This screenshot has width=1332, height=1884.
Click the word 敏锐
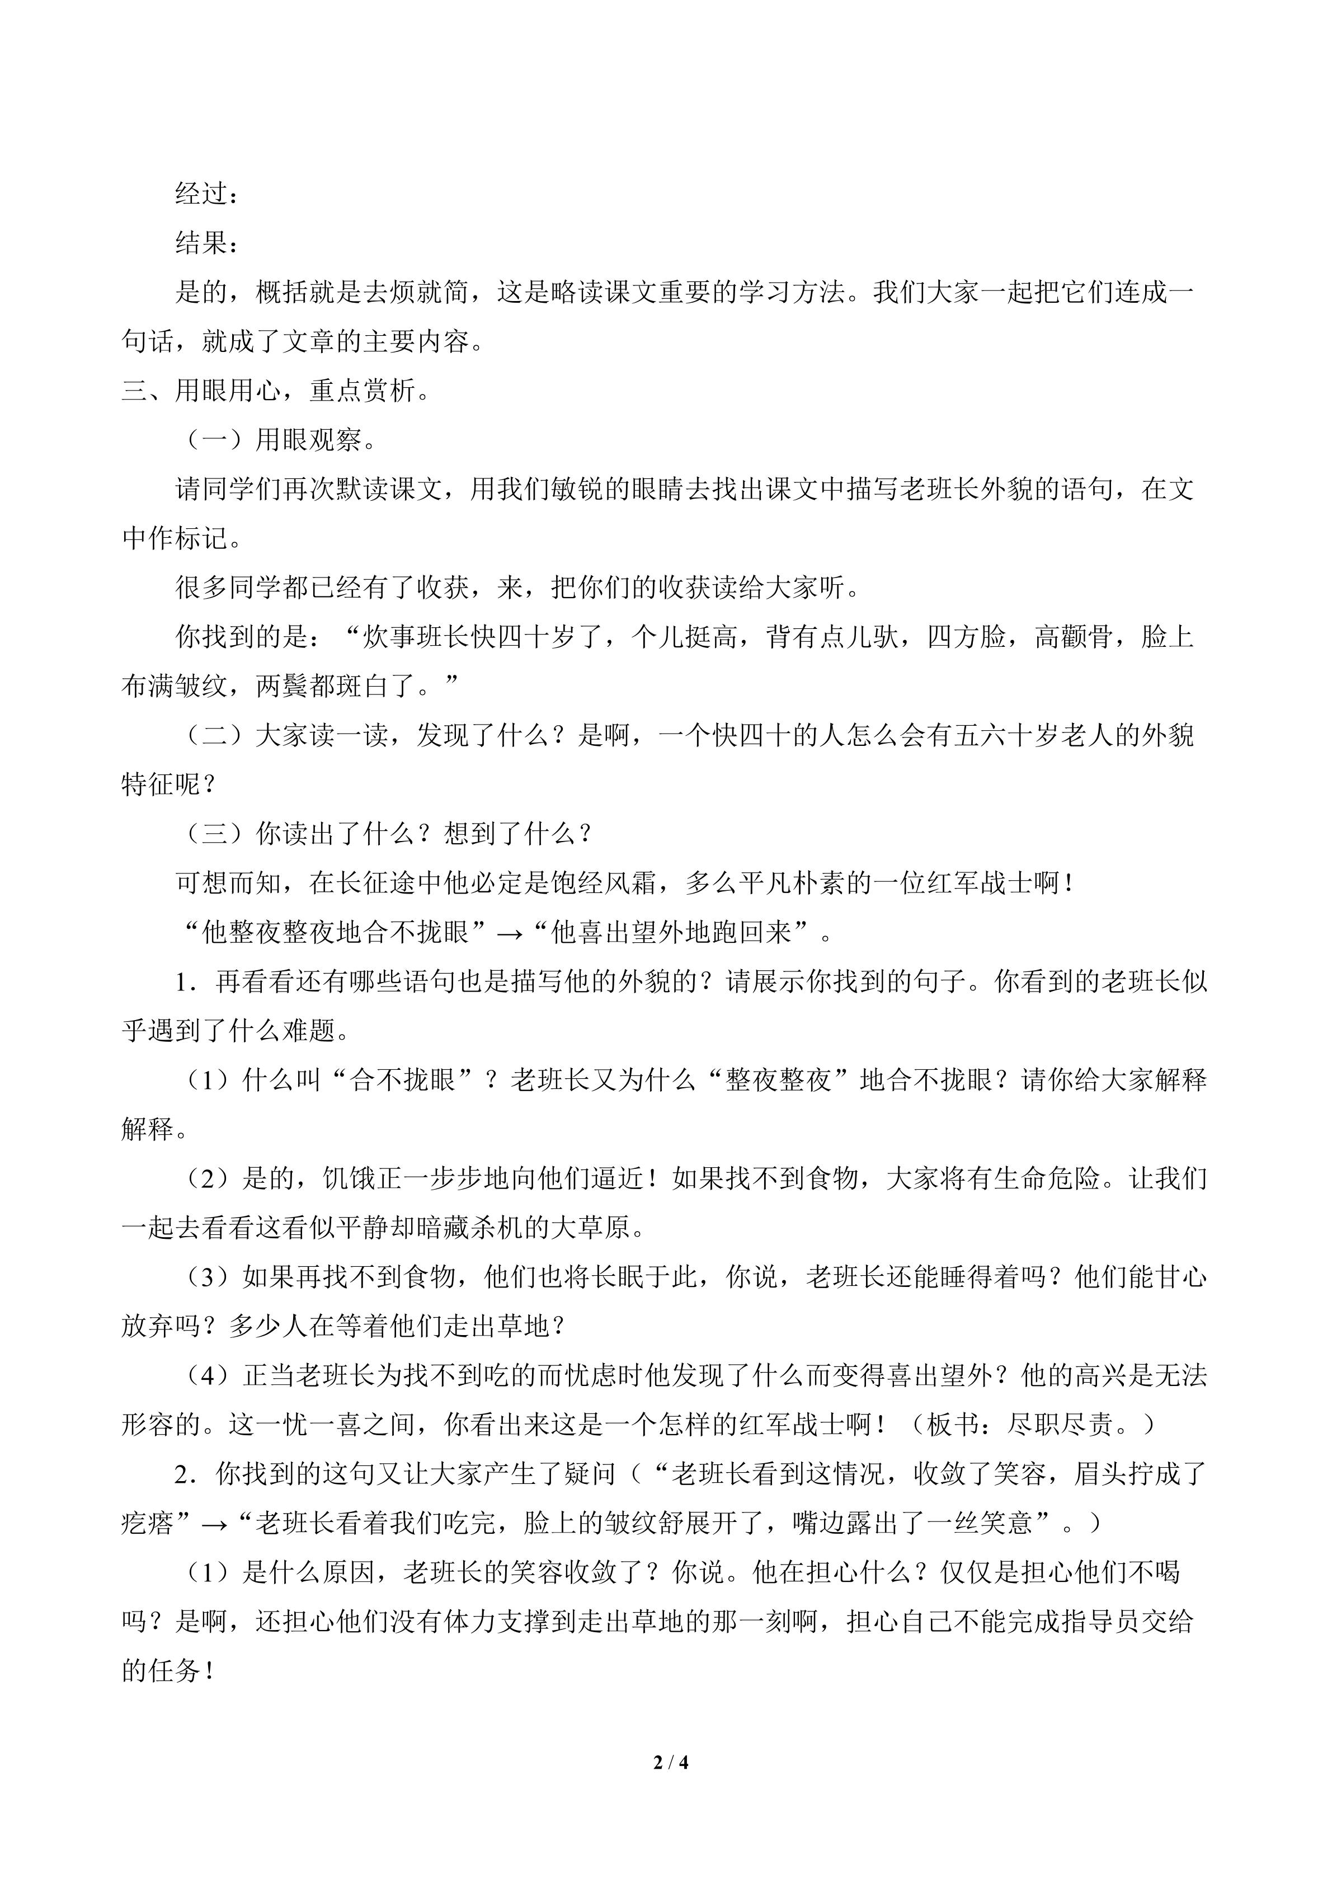551,489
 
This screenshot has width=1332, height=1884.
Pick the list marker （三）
215,834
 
